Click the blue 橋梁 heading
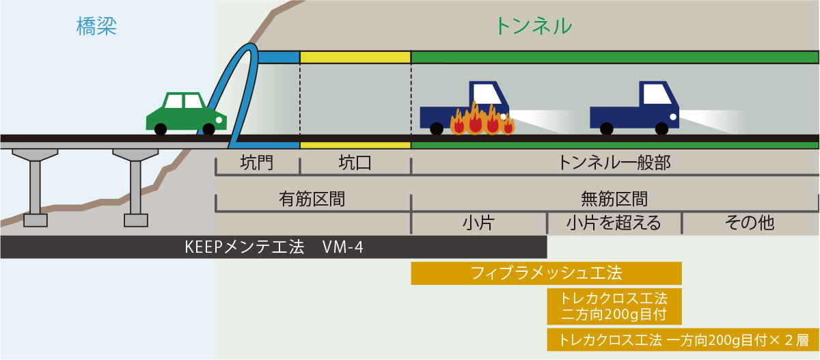click(x=96, y=27)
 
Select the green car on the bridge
click(x=186, y=113)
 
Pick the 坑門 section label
click(x=257, y=163)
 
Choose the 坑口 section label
click(x=355, y=163)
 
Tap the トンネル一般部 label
click(x=614, y=163)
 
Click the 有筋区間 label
click(x=312, y=199)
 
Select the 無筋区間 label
click(x=614, y=199)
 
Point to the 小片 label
click(x=478, y=223)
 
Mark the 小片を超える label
click(x=614, y=223)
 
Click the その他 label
click(x=750, y=223)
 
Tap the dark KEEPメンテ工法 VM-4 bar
click(x=274, y=247)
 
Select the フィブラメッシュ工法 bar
click(x=546, y=273)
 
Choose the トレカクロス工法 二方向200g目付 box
click(x=614, y=307)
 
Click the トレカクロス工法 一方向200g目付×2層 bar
click(x=683, y=340)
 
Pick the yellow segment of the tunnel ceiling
click(x=355, y=57)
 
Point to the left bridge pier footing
click(x=36, y=221)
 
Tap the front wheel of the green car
click(x=208, y=129)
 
